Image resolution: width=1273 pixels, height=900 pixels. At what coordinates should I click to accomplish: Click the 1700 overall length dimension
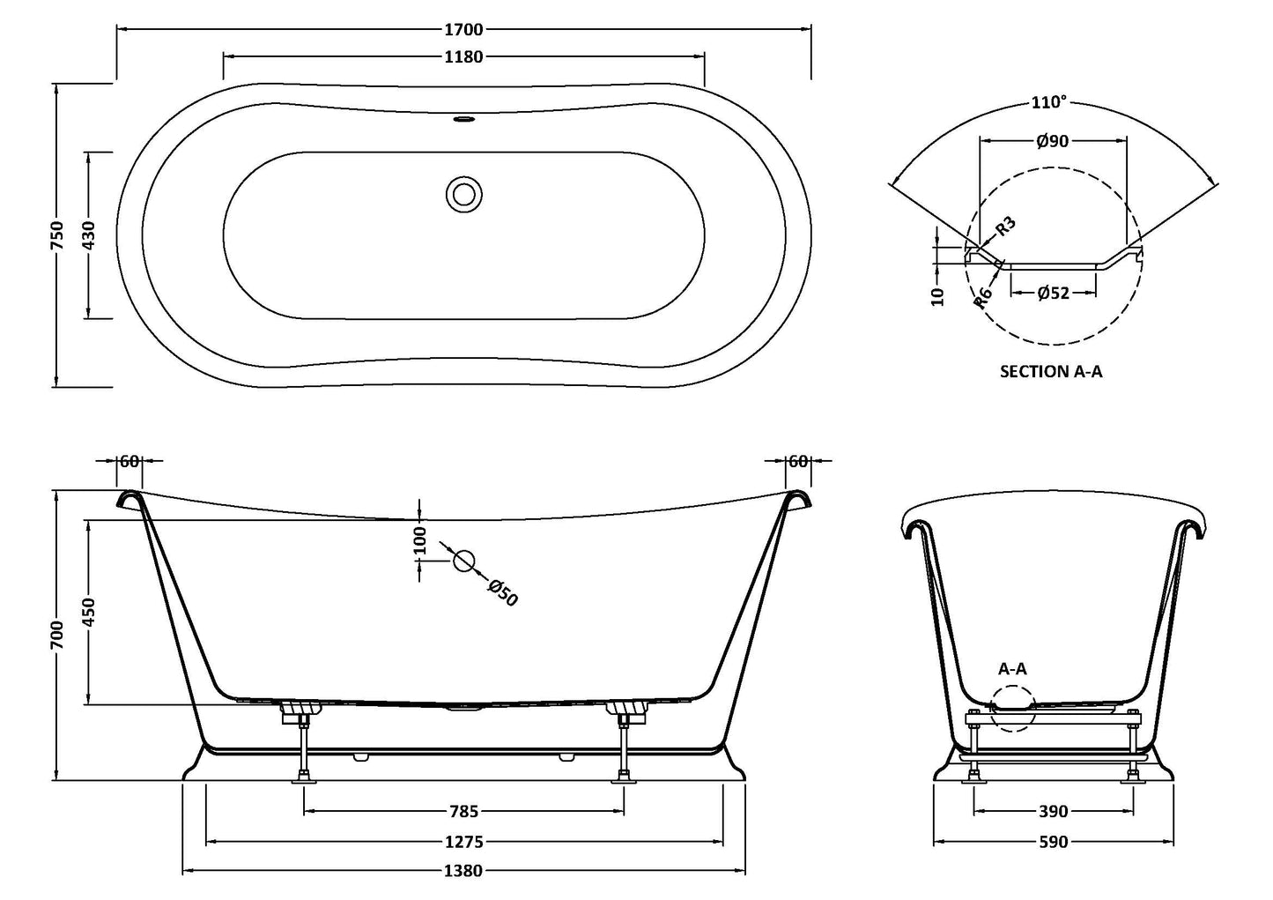point(463,29)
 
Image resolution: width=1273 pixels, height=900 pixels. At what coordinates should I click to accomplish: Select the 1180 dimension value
point(463,57)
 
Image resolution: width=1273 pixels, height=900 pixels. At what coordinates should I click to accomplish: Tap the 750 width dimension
point(57,236)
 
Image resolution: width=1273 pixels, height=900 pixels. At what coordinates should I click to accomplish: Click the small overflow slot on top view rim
point(463,117)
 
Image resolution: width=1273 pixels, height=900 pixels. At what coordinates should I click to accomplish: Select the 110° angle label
point(1048,102)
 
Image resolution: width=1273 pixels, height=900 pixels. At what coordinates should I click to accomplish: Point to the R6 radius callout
point(984,297)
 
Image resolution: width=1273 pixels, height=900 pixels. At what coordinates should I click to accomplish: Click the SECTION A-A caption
point(1050,371)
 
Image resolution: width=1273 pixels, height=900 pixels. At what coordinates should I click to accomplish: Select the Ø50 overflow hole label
point(502,592)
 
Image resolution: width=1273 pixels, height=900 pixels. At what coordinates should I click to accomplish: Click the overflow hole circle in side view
point(463,561)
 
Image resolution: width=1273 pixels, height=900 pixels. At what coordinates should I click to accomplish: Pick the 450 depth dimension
point(88,612)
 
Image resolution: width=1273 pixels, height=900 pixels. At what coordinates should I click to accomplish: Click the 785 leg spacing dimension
point(463,812)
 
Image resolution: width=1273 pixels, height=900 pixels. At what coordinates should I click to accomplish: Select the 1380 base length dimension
point(463,871)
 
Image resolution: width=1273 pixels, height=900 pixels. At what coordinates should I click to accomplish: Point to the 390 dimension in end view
point(1053,812)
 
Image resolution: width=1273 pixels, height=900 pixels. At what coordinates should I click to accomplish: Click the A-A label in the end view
point(1012,669)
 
